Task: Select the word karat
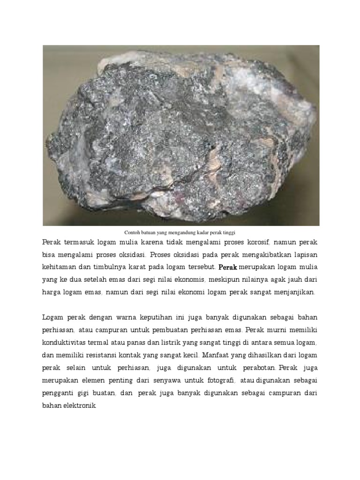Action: [x=150, y=267]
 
